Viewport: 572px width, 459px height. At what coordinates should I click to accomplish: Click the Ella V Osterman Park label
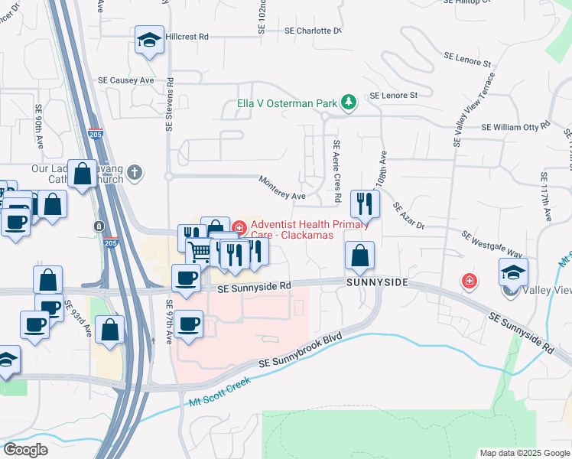click(288, 103)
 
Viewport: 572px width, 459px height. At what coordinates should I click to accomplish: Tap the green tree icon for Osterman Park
click(348, 102)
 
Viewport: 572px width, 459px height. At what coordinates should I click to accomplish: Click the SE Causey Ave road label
click(126, 80)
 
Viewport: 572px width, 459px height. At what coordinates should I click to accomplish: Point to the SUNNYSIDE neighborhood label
click(376, 283)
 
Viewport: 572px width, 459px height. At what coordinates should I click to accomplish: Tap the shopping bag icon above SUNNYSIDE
click(359, 255)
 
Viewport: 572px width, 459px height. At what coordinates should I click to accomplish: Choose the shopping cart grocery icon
click(200, 250)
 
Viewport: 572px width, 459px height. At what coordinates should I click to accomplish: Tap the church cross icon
click(135, 172)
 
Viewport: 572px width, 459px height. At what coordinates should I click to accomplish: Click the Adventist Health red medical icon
click(239, 227)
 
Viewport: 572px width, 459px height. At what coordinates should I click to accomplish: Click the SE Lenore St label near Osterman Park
click(393, 96)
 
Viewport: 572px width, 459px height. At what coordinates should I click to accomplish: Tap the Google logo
click(25, 450)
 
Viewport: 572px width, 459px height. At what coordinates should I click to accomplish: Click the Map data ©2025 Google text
click(524, 453)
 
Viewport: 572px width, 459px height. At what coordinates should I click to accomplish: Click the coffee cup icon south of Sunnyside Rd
click(187, 324)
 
